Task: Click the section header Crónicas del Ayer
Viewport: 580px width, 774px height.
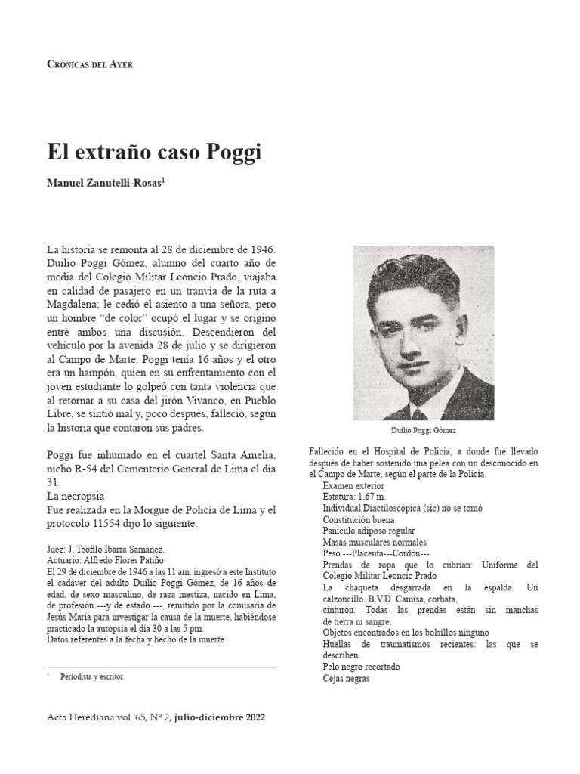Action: coord(90,65)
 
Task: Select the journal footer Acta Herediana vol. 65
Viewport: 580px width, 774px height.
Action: coord(109,717)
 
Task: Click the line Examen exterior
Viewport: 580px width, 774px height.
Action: coord(355,485)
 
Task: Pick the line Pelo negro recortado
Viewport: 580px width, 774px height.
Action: coord(361,667)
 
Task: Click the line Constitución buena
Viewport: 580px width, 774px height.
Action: coord(359,519)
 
